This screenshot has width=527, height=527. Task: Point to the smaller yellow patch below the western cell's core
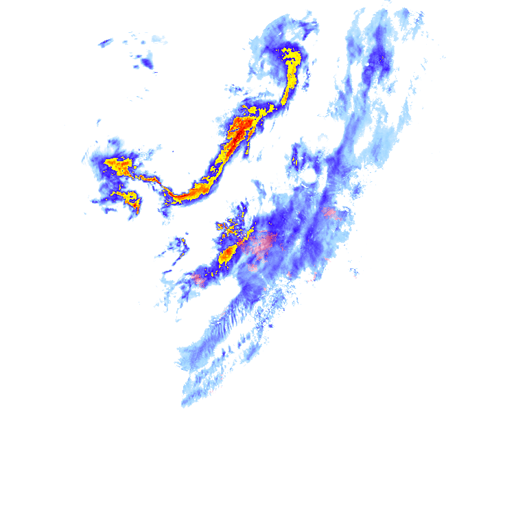click(x=130, y=199)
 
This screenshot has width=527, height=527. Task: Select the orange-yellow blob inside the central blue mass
click(x=227, y=255)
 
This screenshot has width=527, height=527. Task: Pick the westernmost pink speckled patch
click(x=199, y=279)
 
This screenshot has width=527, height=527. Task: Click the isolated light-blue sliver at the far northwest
click(x=106, y=43)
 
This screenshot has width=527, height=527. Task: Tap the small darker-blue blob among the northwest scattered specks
click(x=146, y=63)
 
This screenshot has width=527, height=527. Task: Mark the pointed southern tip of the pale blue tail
click(x=183, y=405)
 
